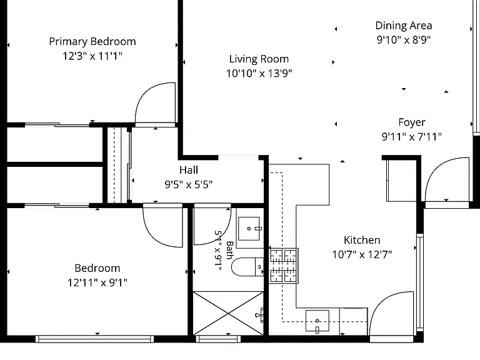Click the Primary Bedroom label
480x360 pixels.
point(92,42)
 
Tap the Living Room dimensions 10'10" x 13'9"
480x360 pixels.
point(259,74)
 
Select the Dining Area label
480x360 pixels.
point(404,26)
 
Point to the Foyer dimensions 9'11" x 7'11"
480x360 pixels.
point(412,136)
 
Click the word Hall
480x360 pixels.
point(189,170)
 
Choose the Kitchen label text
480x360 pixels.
point(362,240)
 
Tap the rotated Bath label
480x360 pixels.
point(229,250)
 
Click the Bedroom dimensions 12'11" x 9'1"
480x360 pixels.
point(97,282)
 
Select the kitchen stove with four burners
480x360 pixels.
point(284,266)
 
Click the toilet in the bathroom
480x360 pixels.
point(247,267)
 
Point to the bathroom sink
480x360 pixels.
point(249,229)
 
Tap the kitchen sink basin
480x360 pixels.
point(317,321)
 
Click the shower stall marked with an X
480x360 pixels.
point(228,313)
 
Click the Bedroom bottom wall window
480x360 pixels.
point(94,339)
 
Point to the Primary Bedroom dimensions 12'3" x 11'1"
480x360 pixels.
point(92,56)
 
